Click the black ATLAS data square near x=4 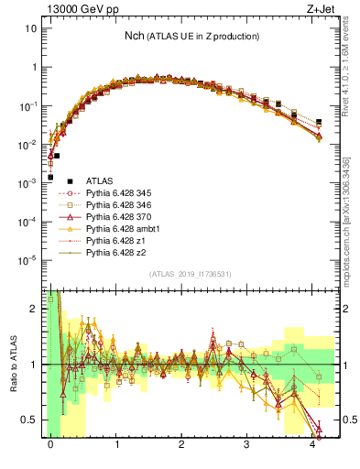coord(319,122)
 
